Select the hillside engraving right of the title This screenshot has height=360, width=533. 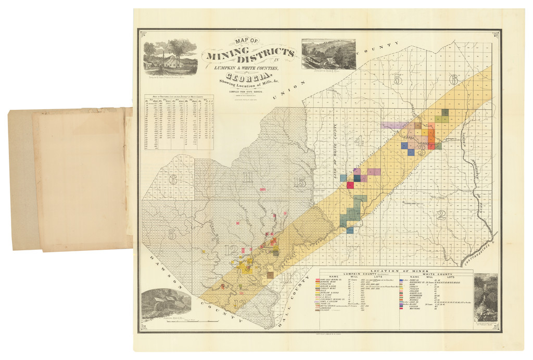pyautogui.click(x=328, y=54)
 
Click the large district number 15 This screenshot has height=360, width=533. pyautogui.click(x=299, y=182)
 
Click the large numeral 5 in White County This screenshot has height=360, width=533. pyautogui.click(x=398, y=79)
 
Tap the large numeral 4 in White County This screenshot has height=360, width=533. pyautogui.click(x=359, y=140)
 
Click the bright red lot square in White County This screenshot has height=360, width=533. pyautogui.click(x=350, y=185)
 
